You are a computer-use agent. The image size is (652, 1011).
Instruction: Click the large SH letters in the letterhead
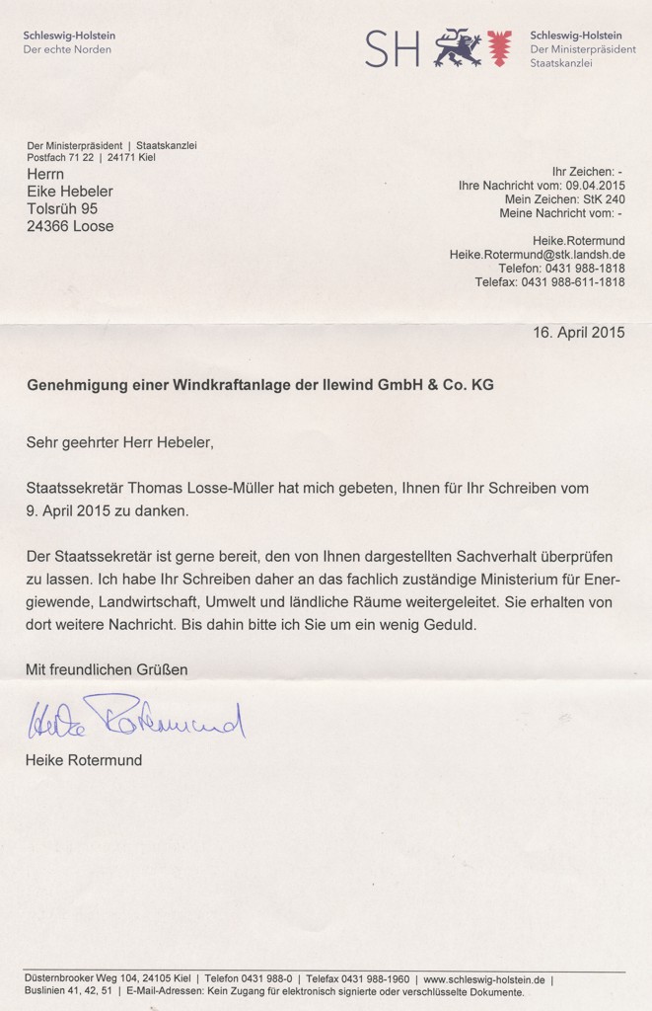[392, 47]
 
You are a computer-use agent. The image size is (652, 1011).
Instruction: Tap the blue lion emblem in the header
[458, 46]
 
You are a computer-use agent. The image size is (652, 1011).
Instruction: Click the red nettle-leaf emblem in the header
[500, 47]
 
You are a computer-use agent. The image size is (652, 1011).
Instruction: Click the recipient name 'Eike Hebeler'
[69, 192]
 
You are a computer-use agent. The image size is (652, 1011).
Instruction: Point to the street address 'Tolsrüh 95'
[62, 209]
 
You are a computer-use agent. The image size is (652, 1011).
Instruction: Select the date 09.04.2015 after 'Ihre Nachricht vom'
[595, 185]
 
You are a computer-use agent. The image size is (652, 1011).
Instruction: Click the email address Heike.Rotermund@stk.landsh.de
[537, 254]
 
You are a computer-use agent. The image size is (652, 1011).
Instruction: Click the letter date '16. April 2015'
[579, 333]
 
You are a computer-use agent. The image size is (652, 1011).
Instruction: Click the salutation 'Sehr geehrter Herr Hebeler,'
[119, 442]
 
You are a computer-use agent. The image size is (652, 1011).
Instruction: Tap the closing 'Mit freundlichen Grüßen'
[107, 669]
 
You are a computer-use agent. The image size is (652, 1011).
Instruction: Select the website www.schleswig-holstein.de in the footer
[485, 978]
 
